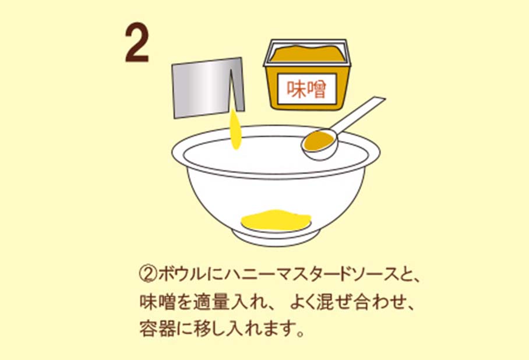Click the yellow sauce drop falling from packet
tap(236, 129)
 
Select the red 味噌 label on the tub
tap(306, 90)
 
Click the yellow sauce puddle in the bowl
tap(276, 220)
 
